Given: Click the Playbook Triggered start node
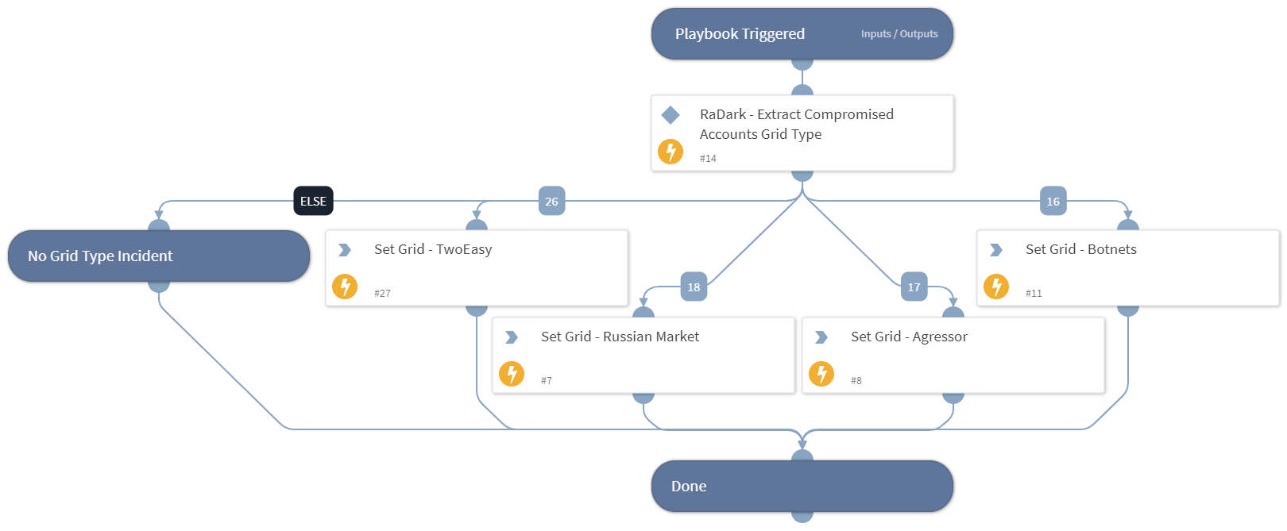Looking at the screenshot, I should (x=740, y=34).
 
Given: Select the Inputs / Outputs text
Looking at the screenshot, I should (x=899, y=34).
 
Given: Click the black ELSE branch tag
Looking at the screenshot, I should (x=313, y=202).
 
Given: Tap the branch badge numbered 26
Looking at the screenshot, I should (x=551, y=202).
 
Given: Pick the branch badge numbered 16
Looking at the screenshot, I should (x=1053, y=202).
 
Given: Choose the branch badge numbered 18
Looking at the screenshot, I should (x=694, y=287).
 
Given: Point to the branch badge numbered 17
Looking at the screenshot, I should (x=914, y=287).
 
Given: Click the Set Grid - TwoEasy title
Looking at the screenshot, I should (x=433, y=249).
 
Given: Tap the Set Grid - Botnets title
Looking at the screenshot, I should (x=1080, y=249).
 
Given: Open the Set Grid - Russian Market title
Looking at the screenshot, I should (x=620, y=337).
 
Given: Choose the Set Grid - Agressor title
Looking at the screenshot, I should (x=909, y=337).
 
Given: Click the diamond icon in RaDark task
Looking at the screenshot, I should (x=671, y=115).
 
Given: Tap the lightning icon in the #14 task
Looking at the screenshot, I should (x=671, y=151).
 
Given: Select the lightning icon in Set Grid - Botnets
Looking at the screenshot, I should (x=996, y=286).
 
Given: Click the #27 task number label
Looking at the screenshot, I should (x=382, y=294).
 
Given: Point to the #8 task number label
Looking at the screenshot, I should (x=856, y=381).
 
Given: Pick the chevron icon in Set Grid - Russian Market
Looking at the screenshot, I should (x=512, y=337).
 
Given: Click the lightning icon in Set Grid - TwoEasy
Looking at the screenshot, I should (x=345, y=286).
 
